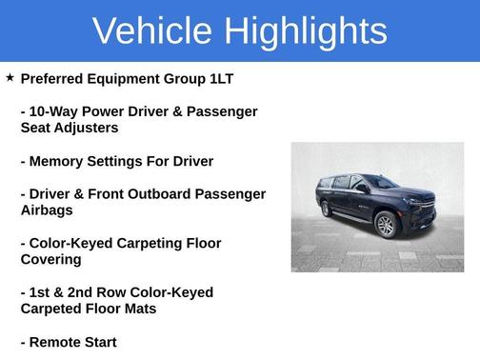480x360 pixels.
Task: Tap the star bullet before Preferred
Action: pos(10,77)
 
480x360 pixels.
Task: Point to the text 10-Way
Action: pos(55,111)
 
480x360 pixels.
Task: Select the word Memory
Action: pos(58,161)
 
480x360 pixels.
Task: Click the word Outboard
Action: pos(159,194)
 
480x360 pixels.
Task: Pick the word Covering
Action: pos(55,260)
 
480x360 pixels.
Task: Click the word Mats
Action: pos(136,310)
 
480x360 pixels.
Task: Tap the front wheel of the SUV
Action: pos(385,225)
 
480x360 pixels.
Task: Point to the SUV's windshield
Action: pos(380,181)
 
